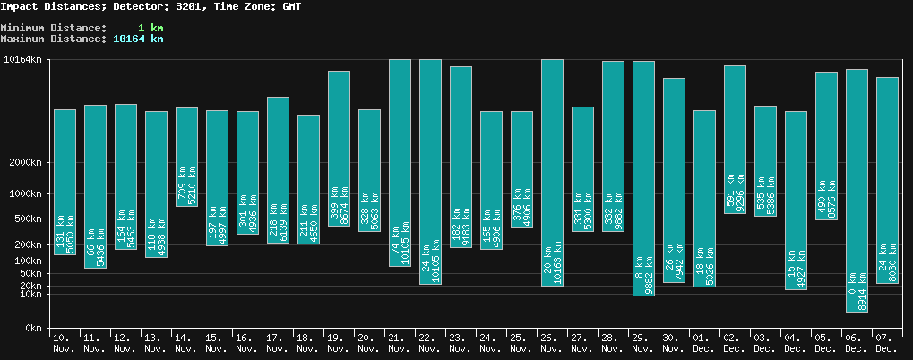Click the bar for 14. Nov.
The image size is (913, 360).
pos(186,157)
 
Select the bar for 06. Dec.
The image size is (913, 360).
pos(857,190)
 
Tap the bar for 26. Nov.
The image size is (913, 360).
pos(552,173)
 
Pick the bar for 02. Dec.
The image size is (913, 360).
pos(735,139)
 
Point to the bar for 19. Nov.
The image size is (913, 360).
pos(339,148)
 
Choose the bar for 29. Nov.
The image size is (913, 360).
pos(643,178)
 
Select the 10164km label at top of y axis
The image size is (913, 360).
pos(22,60)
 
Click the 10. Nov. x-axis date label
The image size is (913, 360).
pos(64,342)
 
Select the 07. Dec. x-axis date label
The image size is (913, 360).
pos(886,342)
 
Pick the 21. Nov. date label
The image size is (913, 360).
pos(399,342)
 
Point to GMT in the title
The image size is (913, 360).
pos(289,6)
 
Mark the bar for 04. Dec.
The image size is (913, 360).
pos(796,200)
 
